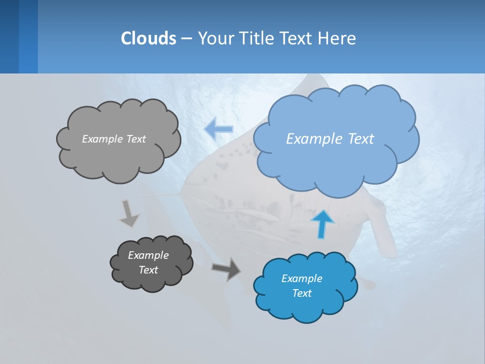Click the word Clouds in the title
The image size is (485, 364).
tap(148, 38)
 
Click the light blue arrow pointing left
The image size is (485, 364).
tap(219, 129)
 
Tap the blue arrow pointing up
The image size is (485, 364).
tap(322, 224)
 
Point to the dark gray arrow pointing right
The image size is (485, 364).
tap(227, 268)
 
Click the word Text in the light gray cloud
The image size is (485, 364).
tap(135, 139)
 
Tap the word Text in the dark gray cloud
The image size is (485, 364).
tap(149, 270)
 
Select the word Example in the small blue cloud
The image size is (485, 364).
tap(302, 279)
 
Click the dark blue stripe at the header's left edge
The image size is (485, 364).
tap(9, 36)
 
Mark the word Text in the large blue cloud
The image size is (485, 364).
tap(361, 139)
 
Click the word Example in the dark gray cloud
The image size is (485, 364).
tap(149, 255)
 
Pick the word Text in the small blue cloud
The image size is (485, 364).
tap(302, 293)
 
